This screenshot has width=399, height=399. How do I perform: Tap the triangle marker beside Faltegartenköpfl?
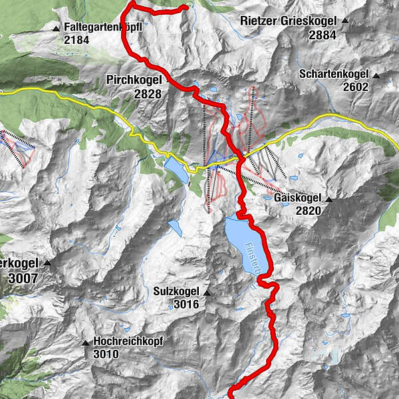click(56, 29)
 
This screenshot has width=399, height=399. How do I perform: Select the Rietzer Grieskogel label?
click(287, 21)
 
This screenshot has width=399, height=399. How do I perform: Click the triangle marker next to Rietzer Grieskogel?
click(345, 21)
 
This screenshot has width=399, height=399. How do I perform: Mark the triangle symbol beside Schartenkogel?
click(377, 75)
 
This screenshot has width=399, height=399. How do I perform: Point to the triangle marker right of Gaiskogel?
click(329, 198)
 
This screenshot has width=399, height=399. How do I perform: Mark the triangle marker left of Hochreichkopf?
click(85, 343)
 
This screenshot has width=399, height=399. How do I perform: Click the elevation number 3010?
click(106, 354)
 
